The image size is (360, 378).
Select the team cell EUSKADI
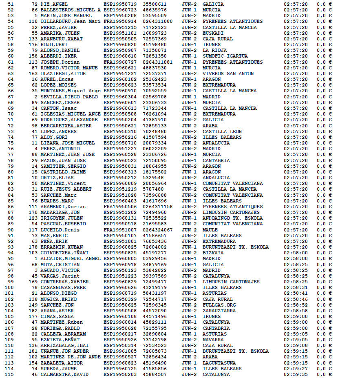click(x=213, y=33)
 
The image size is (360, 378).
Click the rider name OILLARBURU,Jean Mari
click(x=70, y=21)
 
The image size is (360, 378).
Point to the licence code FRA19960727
click(x=120, y=62)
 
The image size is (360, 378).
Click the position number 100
click(x=10, y=287)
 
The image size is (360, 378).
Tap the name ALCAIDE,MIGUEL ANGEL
click(x=70, y=258)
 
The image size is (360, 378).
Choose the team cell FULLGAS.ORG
click(x=219, y=305)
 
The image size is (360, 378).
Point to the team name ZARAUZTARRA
click(x=219, y=311)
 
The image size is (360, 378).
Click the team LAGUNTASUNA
click(x=220, y=363)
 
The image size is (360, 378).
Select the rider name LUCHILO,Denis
click(x=57, y=230)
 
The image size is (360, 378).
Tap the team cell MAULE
click(x=210, y=230)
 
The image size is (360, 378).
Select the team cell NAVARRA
click(x=213, y=340)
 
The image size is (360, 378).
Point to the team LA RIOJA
click(x=214, y=51)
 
